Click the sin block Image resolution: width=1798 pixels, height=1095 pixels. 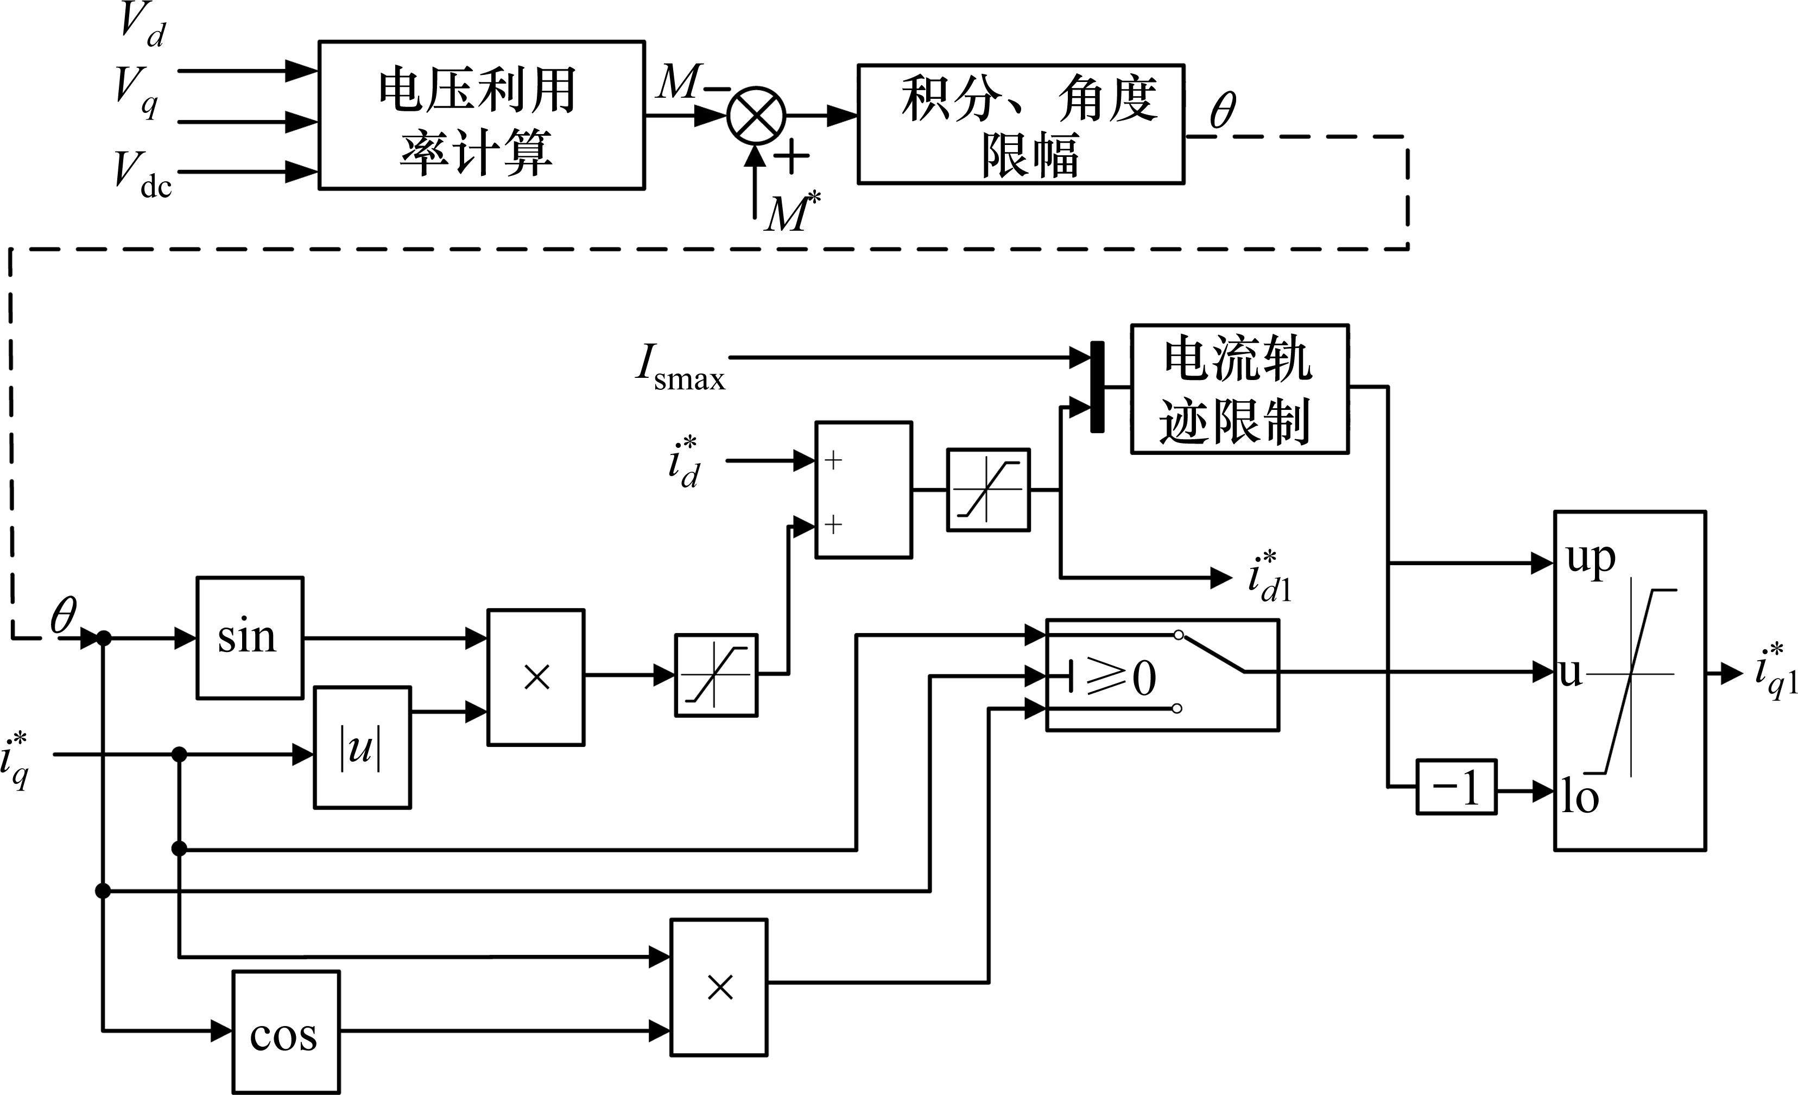250,637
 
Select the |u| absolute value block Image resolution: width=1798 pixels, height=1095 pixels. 362,748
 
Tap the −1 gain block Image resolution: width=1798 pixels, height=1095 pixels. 1456,787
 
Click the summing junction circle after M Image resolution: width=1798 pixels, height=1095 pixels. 756,115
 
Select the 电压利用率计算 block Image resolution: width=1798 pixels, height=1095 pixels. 482,115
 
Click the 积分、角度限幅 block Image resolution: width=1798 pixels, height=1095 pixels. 1020,124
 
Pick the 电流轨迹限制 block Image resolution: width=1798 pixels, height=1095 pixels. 1239,389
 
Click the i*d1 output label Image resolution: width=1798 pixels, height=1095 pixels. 1270,578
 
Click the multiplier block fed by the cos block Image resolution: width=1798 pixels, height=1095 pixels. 719,987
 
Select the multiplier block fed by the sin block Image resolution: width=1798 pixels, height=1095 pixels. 536,677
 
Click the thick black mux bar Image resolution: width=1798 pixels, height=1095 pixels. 1097,387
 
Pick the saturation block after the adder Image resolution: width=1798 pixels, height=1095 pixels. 988,490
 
